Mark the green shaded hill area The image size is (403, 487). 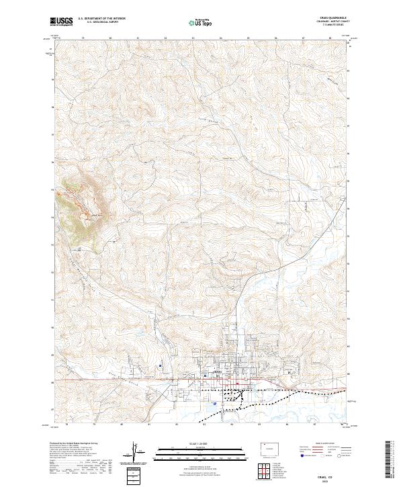click(81, 208)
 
